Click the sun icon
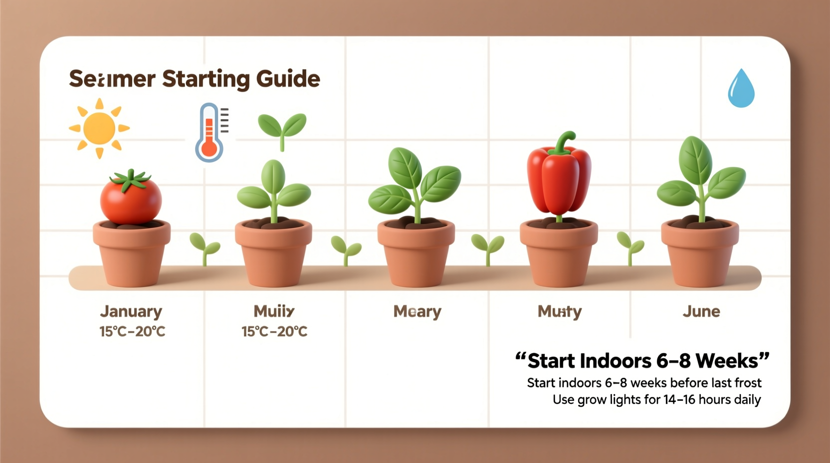pyautogui.click(x=99, y=128)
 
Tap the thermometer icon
pyautogui.click(x=209, y=134)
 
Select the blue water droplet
pyautogui.click(x=741, y=89)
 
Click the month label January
pyautogui.click(x=131, y=311)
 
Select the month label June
pyautogui.click(x=701, y=311)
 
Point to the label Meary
pyautogui.click(x=417, y=312)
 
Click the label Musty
pyautogui.click(x=560, y=312)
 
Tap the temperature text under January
pyautogui.click(x=132, y=331)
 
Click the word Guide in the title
pyautogui.click(x=288, y=79)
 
